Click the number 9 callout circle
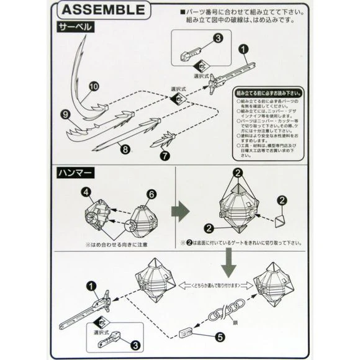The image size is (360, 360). pos(65,114)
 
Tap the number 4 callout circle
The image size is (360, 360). pos(86,192)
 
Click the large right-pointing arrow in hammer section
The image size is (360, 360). pos(181,211)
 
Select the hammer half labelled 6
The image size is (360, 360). pos(140,219)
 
